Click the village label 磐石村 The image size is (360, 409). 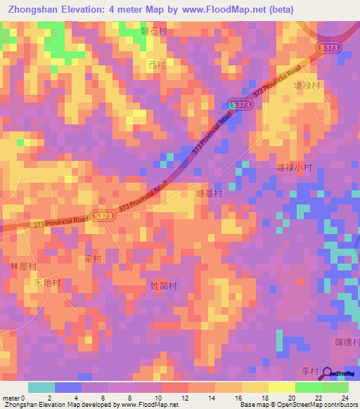153,32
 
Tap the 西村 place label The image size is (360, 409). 156,65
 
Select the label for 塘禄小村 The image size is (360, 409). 294,168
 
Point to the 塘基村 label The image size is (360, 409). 209,193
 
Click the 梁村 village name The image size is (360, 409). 93,259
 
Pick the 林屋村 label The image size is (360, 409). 23,267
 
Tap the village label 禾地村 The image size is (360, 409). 48,283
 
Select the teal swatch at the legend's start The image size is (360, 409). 41,387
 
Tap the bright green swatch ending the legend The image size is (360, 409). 335,387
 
